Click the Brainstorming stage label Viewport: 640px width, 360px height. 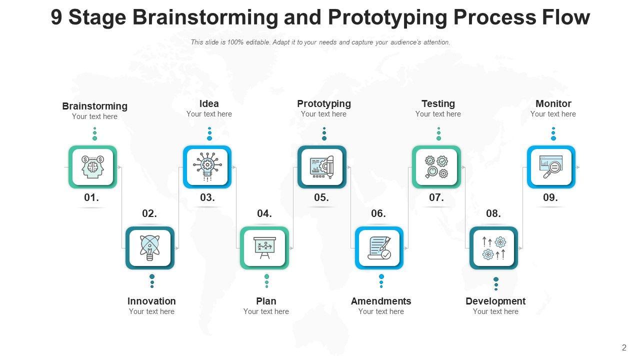point(94,106)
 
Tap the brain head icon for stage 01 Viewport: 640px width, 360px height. point(92,167)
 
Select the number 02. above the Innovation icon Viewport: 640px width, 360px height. point(149,213)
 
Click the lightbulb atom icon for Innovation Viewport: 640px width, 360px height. point(149,247)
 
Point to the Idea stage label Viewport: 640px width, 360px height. point(209,103)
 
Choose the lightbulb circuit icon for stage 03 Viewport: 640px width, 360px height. point(207,167)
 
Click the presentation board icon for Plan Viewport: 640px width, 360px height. point(264,247)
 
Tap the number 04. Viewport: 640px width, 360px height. point(264,213)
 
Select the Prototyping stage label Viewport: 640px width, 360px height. point(324,103)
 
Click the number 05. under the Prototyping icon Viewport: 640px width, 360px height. point(321,197)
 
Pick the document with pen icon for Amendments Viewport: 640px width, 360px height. point(379,247)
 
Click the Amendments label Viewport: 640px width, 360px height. point(381,301)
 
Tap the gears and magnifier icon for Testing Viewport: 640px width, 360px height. point(436,167)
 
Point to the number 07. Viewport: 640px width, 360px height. point(436,197)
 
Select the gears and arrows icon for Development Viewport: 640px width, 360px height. point(493,247)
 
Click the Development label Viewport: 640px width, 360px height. point(495,301)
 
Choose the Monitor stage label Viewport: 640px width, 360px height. point(553,103)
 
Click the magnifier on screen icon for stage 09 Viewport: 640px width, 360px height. point(551,167)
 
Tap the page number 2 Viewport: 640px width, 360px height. point(624,348)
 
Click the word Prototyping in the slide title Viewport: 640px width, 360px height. point(387,17)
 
